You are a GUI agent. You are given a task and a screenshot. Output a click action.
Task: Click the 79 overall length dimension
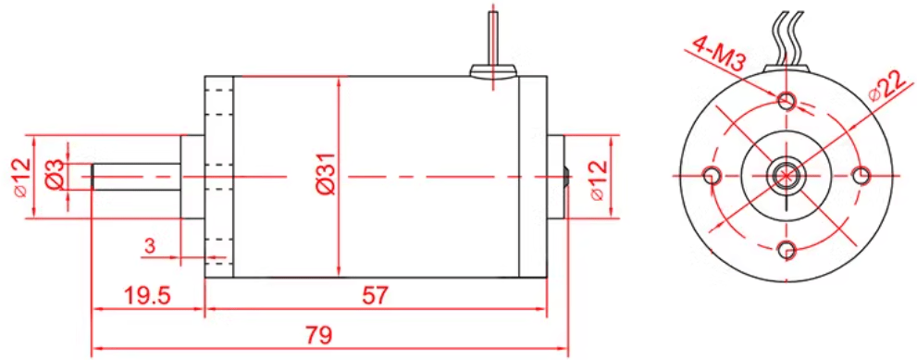tap(318, 335)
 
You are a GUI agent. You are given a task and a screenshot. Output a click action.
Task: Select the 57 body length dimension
tap(375, 296)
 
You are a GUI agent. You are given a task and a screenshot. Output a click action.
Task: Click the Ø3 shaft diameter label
tap(55, 174)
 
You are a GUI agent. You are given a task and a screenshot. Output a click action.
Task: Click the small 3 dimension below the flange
tap(150, 246)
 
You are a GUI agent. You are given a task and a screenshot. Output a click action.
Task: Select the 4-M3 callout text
tap(717, 54)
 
